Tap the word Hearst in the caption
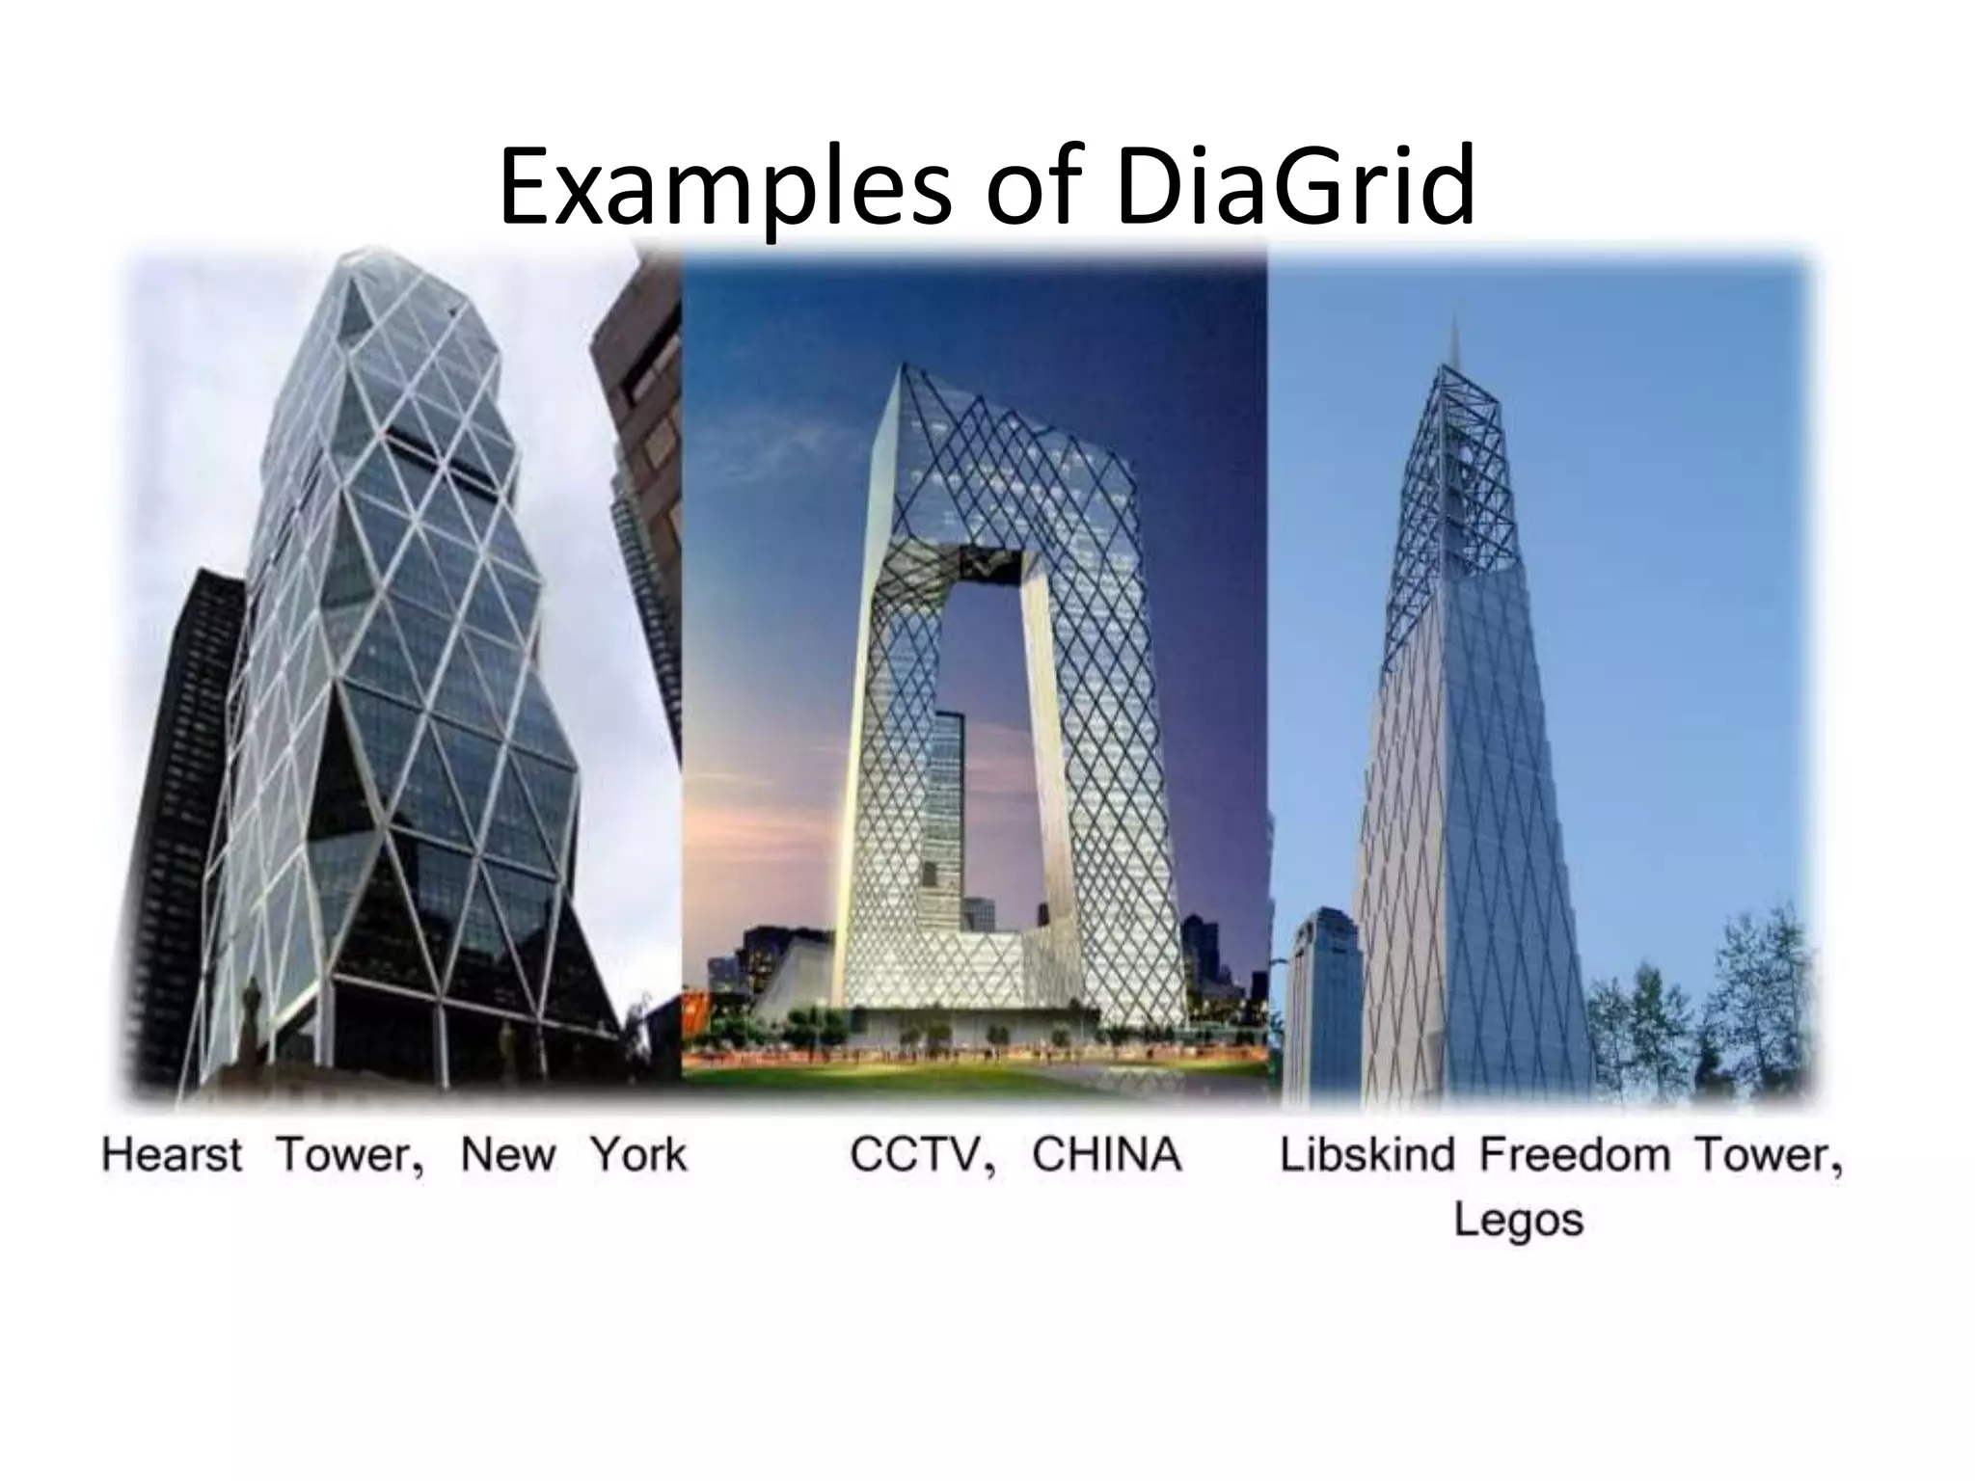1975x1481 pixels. [x=172, y=1154]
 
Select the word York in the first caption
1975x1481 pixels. [x=638, y=1154]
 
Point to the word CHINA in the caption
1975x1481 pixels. [x=1106, y=1154]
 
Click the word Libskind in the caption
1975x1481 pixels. [x=1366, y=1154]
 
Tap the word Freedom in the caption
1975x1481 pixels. [x=1576, y=1154]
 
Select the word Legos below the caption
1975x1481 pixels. [x=1518, y=1220]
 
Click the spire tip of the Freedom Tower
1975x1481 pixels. [x=1455, y=323]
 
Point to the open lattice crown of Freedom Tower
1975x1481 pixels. [x=1447, y=482]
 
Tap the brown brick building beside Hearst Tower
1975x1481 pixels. [x=641, y=386]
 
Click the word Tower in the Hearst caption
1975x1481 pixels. [x=349, y=1154]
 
